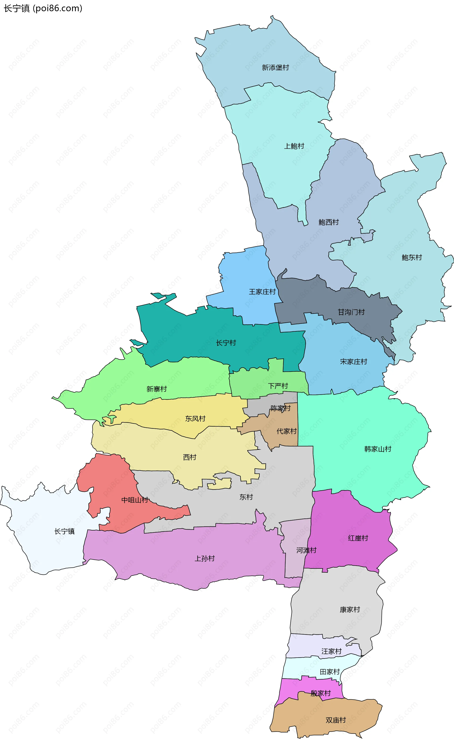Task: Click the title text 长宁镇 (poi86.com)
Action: point(43,8)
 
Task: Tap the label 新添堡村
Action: point(275,68)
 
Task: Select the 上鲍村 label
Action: point(294,146)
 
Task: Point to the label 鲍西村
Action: point(329,222)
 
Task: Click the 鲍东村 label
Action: point(411,258)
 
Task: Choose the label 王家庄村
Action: point(262,292)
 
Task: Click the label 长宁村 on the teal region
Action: point(226,343)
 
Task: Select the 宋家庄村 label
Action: point(354,362)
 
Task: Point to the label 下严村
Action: point(278,386)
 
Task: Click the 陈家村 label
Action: point(280,408)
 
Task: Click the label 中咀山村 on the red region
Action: point(135,500)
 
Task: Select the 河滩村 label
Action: point(306,550)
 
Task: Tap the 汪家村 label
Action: point(331,651)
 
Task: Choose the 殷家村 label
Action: point(320,693)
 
